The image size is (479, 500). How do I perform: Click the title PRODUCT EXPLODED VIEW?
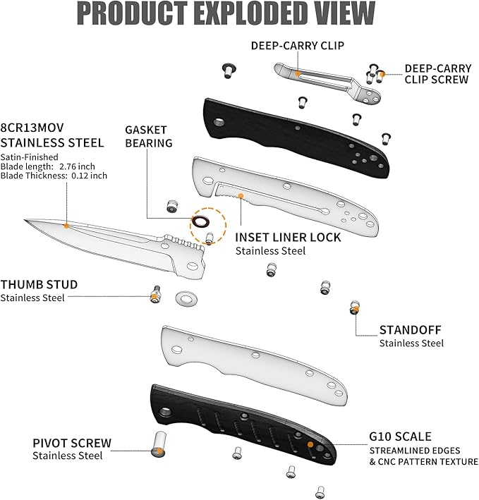226,13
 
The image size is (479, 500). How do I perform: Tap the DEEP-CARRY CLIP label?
298,46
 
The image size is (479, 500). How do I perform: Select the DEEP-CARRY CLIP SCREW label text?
436,74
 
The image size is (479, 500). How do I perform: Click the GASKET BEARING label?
148,136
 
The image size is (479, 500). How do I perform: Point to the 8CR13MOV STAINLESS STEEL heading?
52,136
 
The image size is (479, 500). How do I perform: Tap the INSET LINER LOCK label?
288,238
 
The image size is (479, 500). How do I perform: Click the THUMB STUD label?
38,285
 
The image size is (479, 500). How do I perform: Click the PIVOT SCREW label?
72,444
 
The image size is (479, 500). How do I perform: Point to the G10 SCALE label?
400,437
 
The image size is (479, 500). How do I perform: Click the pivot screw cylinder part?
158,441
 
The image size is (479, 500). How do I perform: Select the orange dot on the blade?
66,226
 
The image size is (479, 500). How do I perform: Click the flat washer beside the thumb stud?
186,298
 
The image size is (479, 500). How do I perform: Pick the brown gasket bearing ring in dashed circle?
201,223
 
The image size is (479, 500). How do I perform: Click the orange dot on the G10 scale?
310,444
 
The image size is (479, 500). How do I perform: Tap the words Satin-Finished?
29,157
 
